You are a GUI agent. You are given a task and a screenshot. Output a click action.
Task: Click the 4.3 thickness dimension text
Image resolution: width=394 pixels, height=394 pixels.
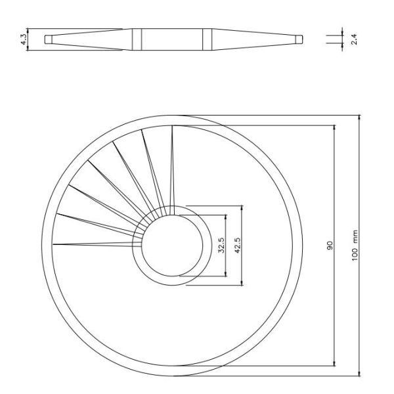pos(24,39)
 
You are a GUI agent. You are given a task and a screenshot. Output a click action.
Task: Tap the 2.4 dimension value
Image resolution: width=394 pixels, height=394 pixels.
pos(354,39)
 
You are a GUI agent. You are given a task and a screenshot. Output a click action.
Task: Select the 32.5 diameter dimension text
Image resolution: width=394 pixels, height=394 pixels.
pos(221,246)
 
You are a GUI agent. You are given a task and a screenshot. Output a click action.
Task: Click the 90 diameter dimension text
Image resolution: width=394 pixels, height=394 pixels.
pos(330,246)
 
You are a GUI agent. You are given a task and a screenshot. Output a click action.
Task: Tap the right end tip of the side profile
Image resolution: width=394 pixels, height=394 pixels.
pos(299,39)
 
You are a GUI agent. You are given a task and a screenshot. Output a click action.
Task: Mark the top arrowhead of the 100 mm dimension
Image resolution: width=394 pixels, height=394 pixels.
pos(360,118)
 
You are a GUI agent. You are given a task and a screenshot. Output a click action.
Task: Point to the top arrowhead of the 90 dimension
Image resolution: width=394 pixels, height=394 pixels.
pos(335,128)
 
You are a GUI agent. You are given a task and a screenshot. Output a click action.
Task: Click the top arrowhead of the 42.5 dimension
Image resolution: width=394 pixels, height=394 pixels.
pos(242,207)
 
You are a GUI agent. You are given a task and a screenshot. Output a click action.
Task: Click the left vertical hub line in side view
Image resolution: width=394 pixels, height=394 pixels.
pos(133,39)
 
